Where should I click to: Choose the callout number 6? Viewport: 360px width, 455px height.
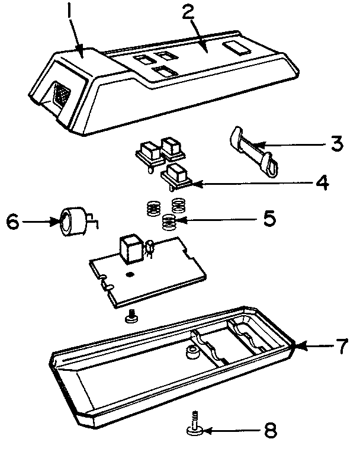12,222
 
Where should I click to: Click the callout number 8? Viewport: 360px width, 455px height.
269,430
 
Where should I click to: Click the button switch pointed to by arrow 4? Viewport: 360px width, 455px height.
176,175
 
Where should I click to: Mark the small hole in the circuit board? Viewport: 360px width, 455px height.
129,275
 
